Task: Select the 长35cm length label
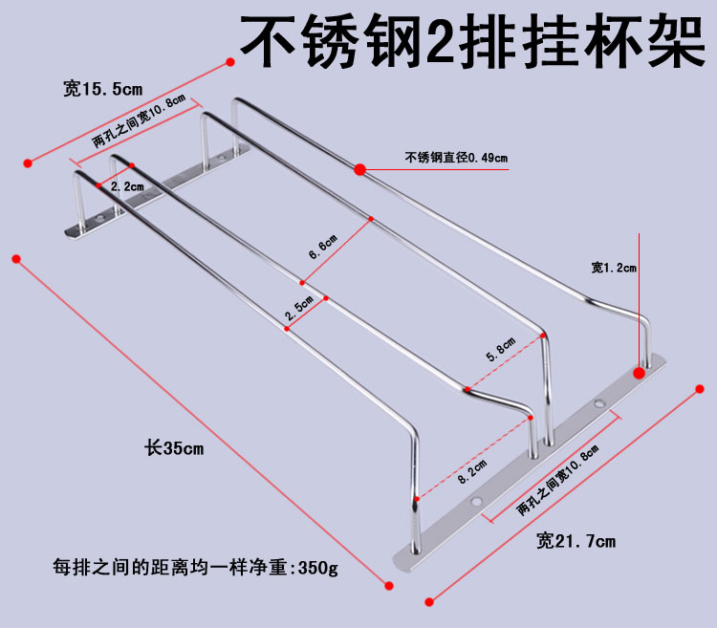173,446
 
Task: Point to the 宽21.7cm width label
576,541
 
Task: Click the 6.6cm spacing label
322,247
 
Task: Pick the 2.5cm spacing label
299,307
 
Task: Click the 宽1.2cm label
613,268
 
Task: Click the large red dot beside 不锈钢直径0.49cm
360,170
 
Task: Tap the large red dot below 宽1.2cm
639,371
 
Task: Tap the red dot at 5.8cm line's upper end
543,336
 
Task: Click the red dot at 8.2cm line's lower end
418,498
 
